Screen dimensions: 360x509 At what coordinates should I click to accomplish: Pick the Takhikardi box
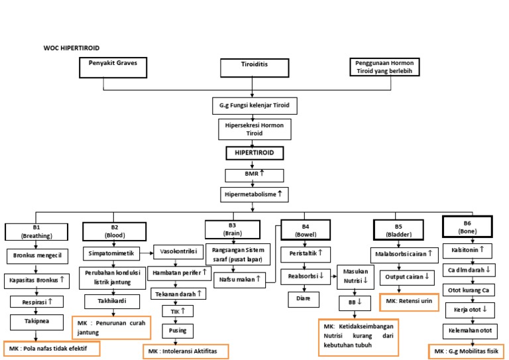(x=111, y=301)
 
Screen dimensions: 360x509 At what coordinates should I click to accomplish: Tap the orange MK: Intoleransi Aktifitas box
(x=186, y=350)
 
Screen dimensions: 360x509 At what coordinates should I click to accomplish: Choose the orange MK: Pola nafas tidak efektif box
(x=51, y=348)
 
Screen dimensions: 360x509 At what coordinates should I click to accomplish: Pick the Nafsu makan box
(x=237, y=279)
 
